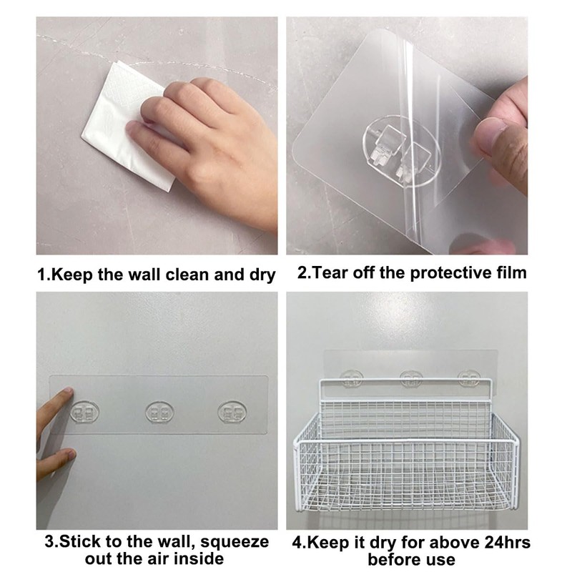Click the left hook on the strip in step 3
pos(86,413)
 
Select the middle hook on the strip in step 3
pos(159,412)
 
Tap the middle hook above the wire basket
pos(411,378)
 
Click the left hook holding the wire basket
pos(352,378)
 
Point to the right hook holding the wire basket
pos(469,378)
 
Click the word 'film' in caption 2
pos(508,272)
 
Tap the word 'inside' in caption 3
pos(201,558)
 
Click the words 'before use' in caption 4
pos(411,560)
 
